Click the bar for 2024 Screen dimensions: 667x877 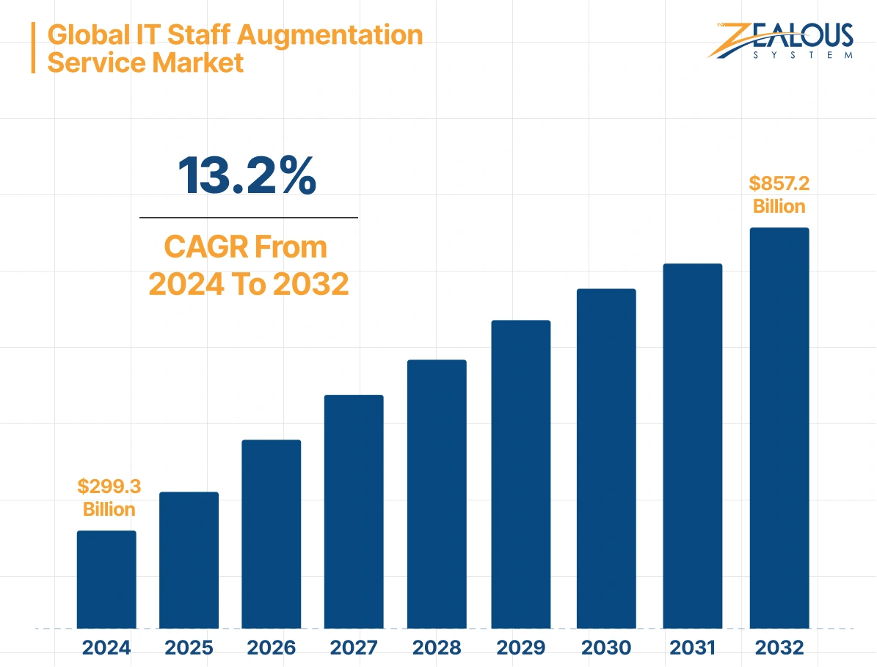click(x=106, y=580)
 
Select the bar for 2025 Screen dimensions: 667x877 click(x=189, y=560)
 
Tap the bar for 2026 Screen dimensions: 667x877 click(x=271, y=534)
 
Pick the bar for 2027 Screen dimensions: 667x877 click(x=354, y=511)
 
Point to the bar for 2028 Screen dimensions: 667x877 click(x=437, y=494)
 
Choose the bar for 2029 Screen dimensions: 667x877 click(x=520, y=474)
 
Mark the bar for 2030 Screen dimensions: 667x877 click(x=606, y=459)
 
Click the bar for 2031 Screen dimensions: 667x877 click(x=692, y=445)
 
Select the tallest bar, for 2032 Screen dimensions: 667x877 click(x=779, y=428)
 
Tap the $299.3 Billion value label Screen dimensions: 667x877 click(x=109, y=497)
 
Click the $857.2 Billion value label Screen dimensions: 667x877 click(x=779, y=194)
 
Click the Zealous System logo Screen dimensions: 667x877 click(x=781, y=40)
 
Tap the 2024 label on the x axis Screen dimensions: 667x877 click(x=106, y=648)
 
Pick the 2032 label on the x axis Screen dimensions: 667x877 click(x=779, y=648)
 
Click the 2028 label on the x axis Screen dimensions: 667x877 click(x=437, y=648)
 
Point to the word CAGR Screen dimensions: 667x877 click(x=205, y=247)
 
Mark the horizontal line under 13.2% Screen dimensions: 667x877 click(x=248, y=218)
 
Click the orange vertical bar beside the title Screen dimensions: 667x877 click(x=33, y=48)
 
